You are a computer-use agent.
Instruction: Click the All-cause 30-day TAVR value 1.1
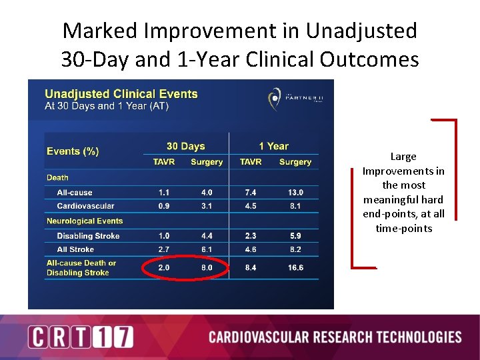pos(163,193)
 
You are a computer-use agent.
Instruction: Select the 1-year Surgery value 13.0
pos(295,193)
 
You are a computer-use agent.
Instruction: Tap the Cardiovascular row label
pos(85,206)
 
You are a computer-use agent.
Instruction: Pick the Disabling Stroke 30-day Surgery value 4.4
pos(207,236)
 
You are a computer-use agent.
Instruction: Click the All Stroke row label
pos(75,249)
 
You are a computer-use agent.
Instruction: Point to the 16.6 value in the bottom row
pos(295,267)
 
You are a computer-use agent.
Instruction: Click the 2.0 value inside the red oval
pos(163,267)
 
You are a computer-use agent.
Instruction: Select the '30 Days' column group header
pos(185,147)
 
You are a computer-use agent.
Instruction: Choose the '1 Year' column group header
pos(273,147)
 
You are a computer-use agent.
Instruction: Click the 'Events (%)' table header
pos(73,151)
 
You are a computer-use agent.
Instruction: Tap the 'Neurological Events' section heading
pos(85,221)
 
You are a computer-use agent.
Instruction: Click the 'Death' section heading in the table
pos(57,178)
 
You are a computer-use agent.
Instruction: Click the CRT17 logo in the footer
pos(80,337)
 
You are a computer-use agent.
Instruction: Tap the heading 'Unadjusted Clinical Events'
pos(121,94)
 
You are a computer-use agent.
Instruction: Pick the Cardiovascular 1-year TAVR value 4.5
pos(251,206)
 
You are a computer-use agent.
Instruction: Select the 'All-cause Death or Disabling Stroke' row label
pos(81,267)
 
